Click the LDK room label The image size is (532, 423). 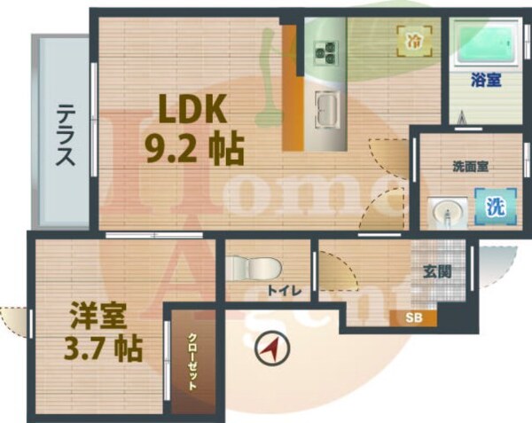pos(193,110)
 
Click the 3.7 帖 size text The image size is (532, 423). pos(105,349)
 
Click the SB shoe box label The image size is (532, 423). pos(414,317)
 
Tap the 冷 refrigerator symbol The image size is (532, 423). pos(414,39)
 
